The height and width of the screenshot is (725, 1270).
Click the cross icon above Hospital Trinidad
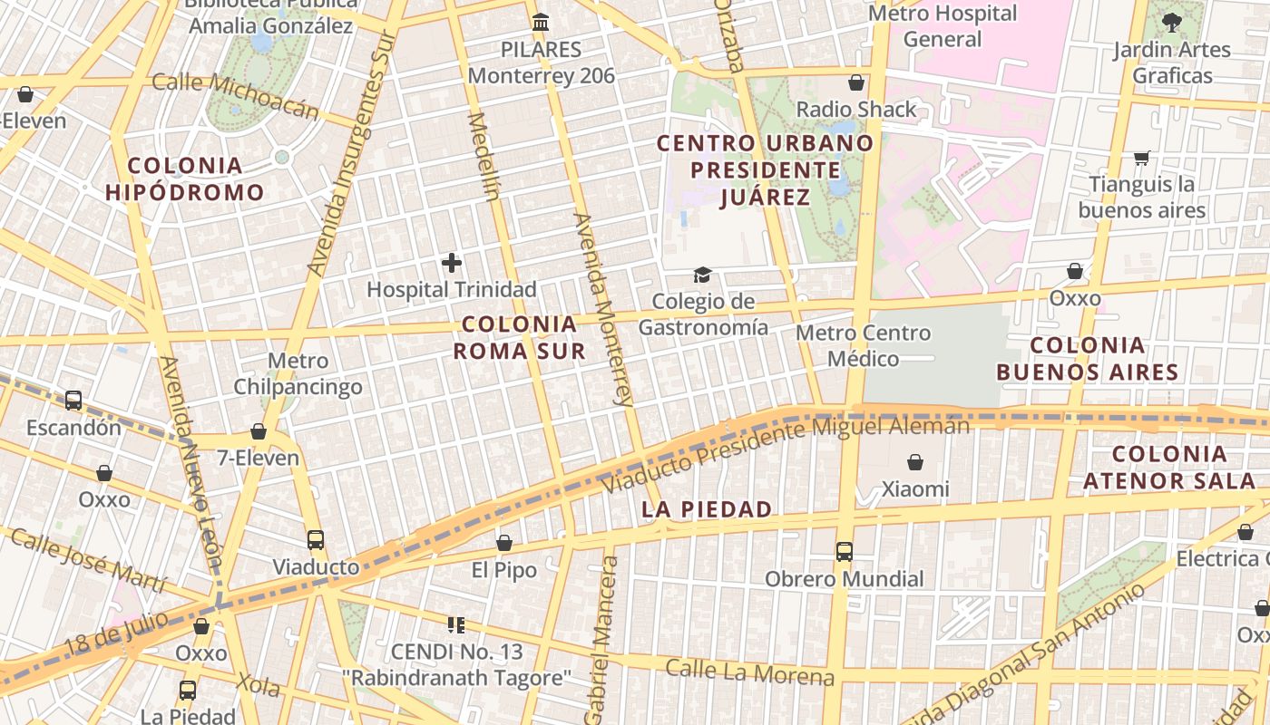click(452, 263)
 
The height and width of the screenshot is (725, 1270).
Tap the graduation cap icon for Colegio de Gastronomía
click(702, 275)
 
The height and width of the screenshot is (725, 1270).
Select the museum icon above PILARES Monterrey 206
click(541, 22)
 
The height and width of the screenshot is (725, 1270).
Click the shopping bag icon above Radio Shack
click(856, 83)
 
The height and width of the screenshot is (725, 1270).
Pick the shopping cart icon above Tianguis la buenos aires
click(1141, 159)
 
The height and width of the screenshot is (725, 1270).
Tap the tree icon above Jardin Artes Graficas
click(1172, 22)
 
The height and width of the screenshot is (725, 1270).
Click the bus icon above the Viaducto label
click(316, 540)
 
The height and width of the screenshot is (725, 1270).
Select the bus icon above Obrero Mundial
click(845, 551)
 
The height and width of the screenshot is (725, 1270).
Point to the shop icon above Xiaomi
click(915, 462)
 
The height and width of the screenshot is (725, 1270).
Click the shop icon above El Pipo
click(504, 543)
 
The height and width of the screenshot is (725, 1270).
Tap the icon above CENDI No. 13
click(456, 624)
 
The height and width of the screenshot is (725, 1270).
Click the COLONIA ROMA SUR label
click(519, 337)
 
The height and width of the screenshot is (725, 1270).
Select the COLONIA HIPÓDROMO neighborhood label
click(185, 179)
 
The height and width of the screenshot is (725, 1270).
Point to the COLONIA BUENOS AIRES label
click(1088, 358)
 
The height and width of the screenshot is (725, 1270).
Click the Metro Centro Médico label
click(863, 345)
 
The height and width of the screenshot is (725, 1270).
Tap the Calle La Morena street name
click(749, 672)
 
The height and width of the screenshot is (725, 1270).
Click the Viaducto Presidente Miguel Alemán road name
click(786, 453)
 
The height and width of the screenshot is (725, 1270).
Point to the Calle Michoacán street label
click(235, 95)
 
